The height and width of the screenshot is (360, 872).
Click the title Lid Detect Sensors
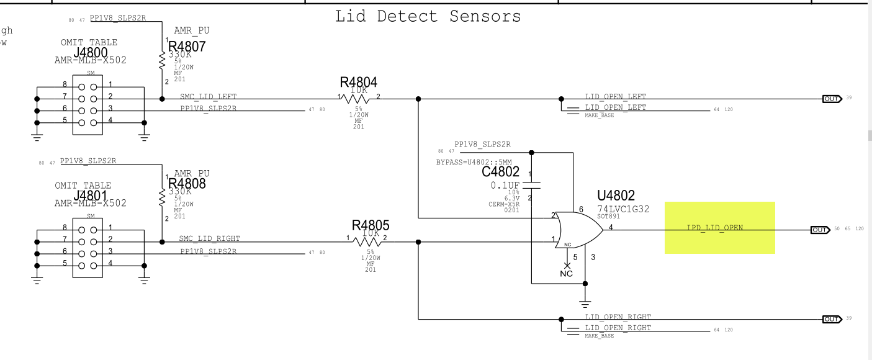[x=428, y=16]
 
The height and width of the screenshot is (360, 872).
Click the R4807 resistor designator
[x=187, y=47]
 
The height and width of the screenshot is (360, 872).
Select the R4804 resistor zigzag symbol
[x=359, y=98]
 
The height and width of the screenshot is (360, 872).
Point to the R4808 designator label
[x=187, y=184]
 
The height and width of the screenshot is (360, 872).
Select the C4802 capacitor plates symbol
[x=532, y=184]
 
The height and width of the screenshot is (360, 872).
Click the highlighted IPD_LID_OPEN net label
[x=715, y=228]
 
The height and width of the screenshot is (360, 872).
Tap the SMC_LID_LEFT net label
[x=209, y=96]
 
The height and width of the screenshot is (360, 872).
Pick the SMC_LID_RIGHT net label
[x=209, y=238]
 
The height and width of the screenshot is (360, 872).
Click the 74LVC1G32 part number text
[x=623, y=209]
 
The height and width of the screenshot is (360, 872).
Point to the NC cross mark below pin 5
[x=566, y=265]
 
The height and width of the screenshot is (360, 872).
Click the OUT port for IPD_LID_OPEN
[x=820, y=230]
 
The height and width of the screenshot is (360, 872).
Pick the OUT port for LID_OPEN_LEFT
[x=832, y=99]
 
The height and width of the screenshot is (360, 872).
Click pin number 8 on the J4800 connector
[x=65, y=84]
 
